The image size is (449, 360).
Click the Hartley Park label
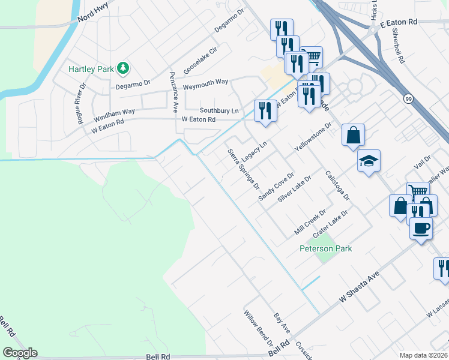[x=91, y=69]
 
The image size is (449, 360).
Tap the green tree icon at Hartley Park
[x=123, y=68]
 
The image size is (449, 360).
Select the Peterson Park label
[x=326, y=248]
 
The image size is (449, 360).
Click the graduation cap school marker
[x=369, y=161]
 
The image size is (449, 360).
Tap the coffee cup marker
[x=421, y=229]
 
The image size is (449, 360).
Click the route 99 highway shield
[x=408, y=99]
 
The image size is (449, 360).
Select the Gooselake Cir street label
[x=199, y=60]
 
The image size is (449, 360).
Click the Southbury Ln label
[x=219, y=111]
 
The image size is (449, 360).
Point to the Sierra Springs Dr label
[x=243, y=166]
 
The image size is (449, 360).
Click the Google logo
[x=20, y=353]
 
